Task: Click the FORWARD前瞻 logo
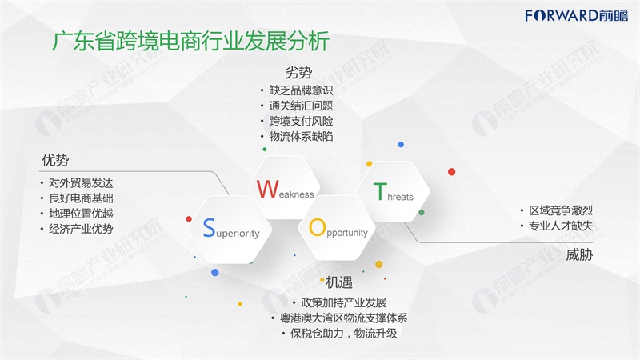576,15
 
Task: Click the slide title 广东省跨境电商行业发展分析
190,42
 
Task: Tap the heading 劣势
298,73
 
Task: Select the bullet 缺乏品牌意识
301,90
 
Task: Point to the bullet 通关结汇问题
301,106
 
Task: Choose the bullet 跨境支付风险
301,122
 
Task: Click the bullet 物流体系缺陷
301,136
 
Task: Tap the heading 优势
55,159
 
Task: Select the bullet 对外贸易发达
81,183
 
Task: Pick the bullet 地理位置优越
81,214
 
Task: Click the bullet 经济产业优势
81,229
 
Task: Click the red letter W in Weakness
267,190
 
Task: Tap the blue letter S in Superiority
209,227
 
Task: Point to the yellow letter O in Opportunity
317,227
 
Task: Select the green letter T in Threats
379,191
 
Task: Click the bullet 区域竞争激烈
561,210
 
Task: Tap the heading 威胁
579,255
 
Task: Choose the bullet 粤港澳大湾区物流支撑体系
343,318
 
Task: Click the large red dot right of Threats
451,172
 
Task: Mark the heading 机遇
338,282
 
